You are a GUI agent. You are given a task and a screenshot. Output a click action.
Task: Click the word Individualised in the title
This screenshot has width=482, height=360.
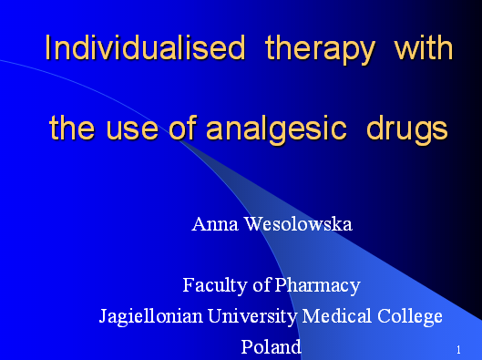pos(145,48)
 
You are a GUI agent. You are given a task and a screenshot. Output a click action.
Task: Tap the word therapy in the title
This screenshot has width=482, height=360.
pos(319,48)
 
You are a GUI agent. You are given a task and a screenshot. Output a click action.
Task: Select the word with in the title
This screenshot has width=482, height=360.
pos(423,47)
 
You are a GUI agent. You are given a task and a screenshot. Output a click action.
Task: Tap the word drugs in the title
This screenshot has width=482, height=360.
pos(406,129)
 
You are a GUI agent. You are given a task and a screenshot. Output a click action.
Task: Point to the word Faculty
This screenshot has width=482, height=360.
pos(216,285)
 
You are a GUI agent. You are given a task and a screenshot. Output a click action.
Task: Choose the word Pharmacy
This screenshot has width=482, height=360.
pos(318,285)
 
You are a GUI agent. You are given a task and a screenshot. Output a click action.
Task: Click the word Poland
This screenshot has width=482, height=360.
pos(271,346)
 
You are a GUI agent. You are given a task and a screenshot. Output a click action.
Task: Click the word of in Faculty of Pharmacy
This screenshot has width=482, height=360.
pos(262,285)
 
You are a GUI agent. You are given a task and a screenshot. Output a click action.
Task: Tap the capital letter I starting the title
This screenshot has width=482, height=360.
pos(48,48)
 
